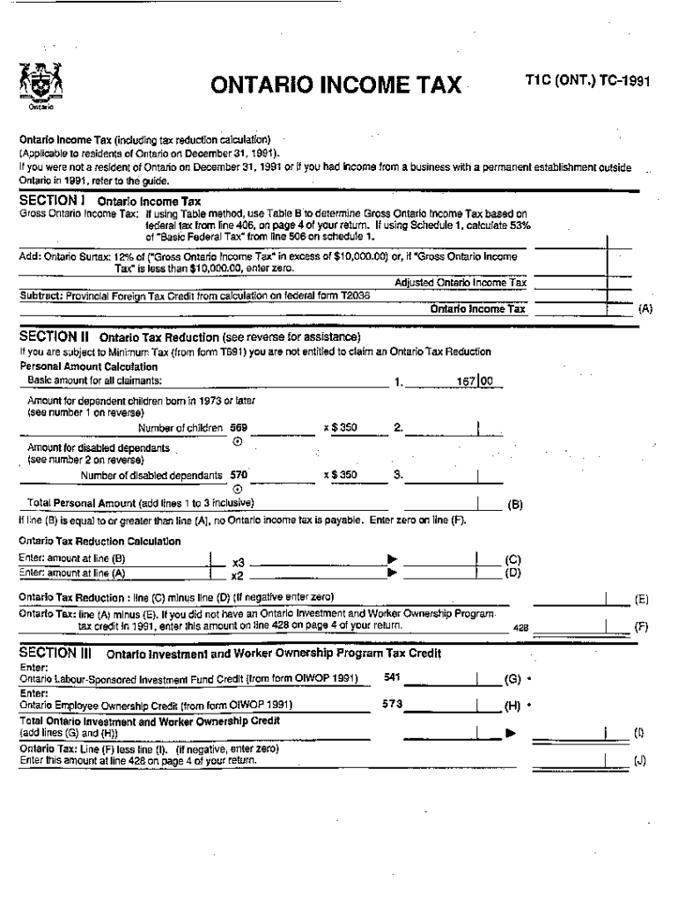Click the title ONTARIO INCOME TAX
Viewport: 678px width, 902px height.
tap(335, 85)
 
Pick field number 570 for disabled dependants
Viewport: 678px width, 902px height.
tap(239, 475)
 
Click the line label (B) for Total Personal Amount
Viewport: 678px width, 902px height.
tap(516, 506)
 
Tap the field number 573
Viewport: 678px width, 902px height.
tap(393, 704)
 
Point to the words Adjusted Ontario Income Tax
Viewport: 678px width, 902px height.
tap(461, 283)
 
